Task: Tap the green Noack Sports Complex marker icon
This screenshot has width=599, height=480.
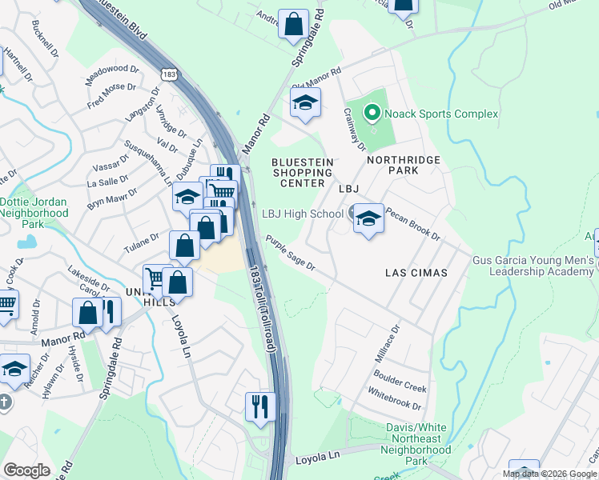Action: coord(372,114)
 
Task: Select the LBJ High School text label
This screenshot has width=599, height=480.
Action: coord(303,214)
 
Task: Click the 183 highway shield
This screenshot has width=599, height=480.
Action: coord(167,74)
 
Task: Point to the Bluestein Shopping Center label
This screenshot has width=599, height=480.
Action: coord(302,172)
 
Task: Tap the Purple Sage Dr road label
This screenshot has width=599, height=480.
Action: coord(291,252)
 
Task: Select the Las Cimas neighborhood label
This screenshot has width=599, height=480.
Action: coord(415,273)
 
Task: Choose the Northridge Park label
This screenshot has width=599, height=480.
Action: coord(404,166)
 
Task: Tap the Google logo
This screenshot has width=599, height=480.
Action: coord(26,470)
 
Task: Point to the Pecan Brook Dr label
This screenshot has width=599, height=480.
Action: coord(413,225)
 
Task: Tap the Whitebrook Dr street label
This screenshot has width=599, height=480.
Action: coord(394,401)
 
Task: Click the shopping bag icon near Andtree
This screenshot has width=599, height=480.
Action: coord(294,24)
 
